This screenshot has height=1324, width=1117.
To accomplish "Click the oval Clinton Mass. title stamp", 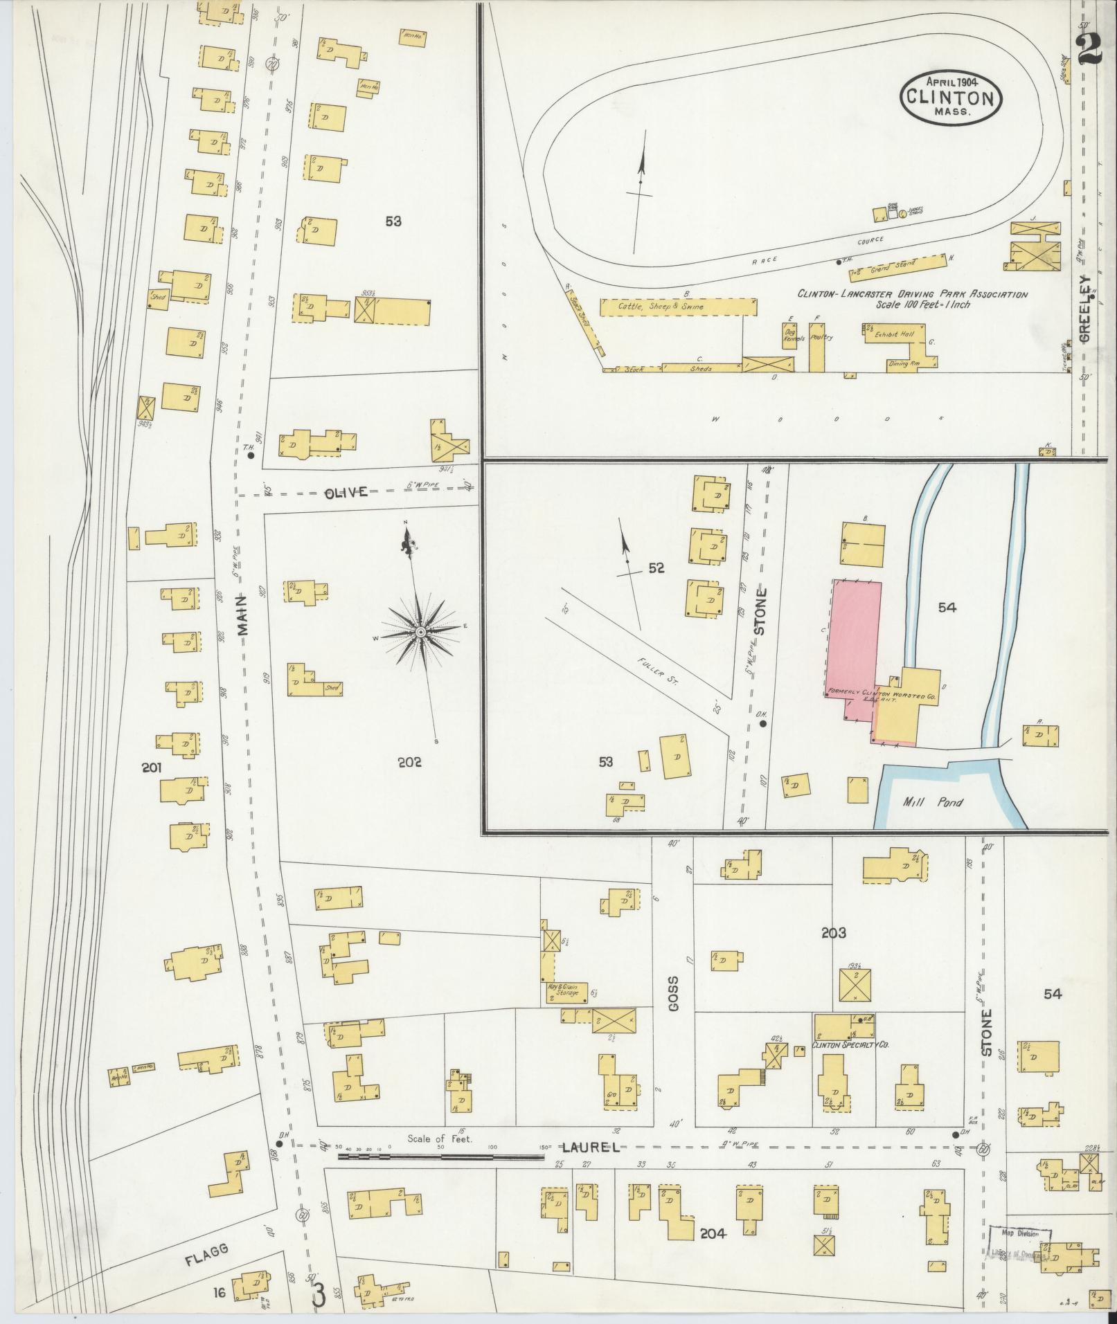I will pos(951,98).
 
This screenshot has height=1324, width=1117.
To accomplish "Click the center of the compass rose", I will pos(420,632).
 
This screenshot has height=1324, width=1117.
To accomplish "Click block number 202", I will pos(410,763).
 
